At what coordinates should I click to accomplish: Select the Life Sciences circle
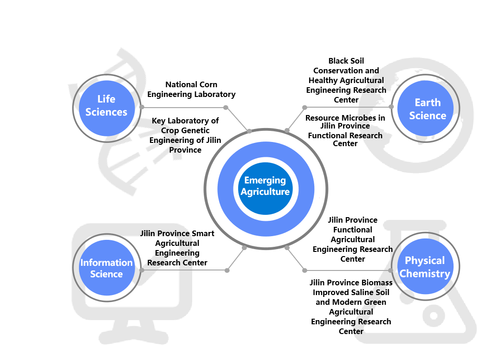click(x=106, y=106)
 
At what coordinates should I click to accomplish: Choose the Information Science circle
click(x=106, y=268)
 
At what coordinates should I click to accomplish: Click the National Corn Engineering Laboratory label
click(x=191, y=90)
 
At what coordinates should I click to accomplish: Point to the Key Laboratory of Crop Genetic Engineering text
click(x=185, y=135)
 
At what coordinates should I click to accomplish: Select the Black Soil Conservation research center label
click(x=346, y=80)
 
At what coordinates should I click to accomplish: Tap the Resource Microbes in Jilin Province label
click(x=345, y=130)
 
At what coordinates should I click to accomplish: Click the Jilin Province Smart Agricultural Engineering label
click(x=177, y=248)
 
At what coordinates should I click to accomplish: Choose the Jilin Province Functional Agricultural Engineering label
click(x=353, y=239)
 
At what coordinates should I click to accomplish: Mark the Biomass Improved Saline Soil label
click(x=351, y=307)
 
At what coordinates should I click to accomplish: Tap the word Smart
click(x=203, y=233)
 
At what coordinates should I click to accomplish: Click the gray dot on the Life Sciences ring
click(x=141, y=108)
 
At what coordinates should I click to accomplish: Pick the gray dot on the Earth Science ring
click(x=391, y=107)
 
